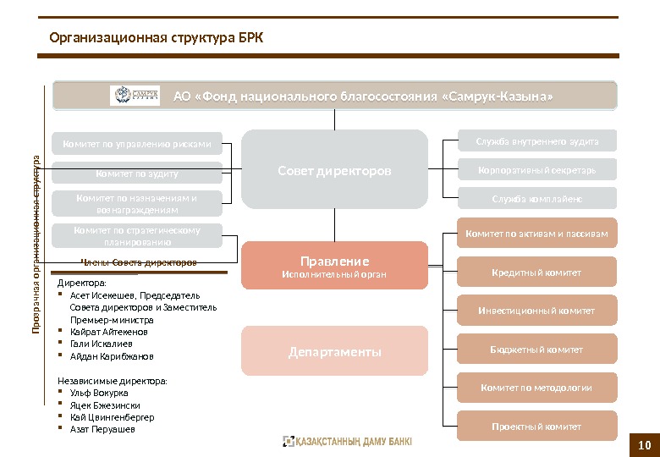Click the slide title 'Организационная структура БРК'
click(x=157, y=37)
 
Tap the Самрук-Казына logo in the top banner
click(x=135, y=96)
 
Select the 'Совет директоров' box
click(x=334, y=170)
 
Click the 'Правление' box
click(x=334, y=265)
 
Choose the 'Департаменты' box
click(x=334, y=351)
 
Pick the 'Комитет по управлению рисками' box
click(x=137, y=144)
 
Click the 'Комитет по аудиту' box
click(x=137, y=173)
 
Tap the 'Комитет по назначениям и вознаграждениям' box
click(x=137, y=203)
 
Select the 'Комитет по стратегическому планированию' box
click(x=137, y=235)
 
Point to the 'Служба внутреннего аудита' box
click(x=537, y=140)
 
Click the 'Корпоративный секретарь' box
click(x=537, y=169)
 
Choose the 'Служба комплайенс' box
click(x=537, y=199)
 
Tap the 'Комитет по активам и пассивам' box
click(x=537, y=234)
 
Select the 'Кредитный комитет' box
click(x=537, y=273)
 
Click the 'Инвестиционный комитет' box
click(x=537, y=311)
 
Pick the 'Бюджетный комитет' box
click(x=537, y=350)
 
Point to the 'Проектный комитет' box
click(x=537, y=427)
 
